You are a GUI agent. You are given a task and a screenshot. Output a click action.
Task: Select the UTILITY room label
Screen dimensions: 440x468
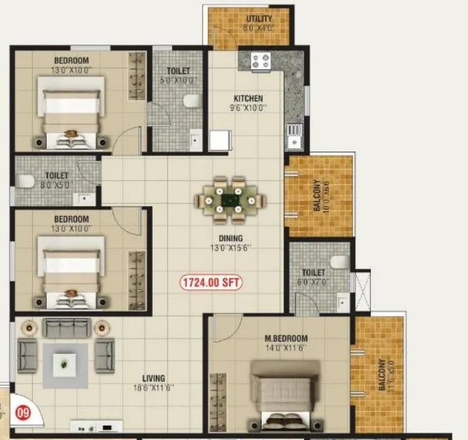259,19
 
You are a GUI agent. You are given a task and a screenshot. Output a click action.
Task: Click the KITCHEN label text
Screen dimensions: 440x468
248,98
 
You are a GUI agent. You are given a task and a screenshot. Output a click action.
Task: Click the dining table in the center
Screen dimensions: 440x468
229,200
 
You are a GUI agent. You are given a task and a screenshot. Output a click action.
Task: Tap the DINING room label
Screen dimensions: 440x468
231,238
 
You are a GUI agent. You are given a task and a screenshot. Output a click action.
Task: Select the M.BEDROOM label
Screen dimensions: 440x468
286,338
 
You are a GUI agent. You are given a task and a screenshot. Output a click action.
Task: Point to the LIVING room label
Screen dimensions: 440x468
153,378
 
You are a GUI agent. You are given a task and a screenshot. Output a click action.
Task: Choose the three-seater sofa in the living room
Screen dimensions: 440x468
67,327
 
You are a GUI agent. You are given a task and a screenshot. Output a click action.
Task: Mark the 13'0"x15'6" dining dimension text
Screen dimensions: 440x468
231,247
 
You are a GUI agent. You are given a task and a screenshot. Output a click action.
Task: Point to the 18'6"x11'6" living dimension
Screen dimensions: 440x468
153,388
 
